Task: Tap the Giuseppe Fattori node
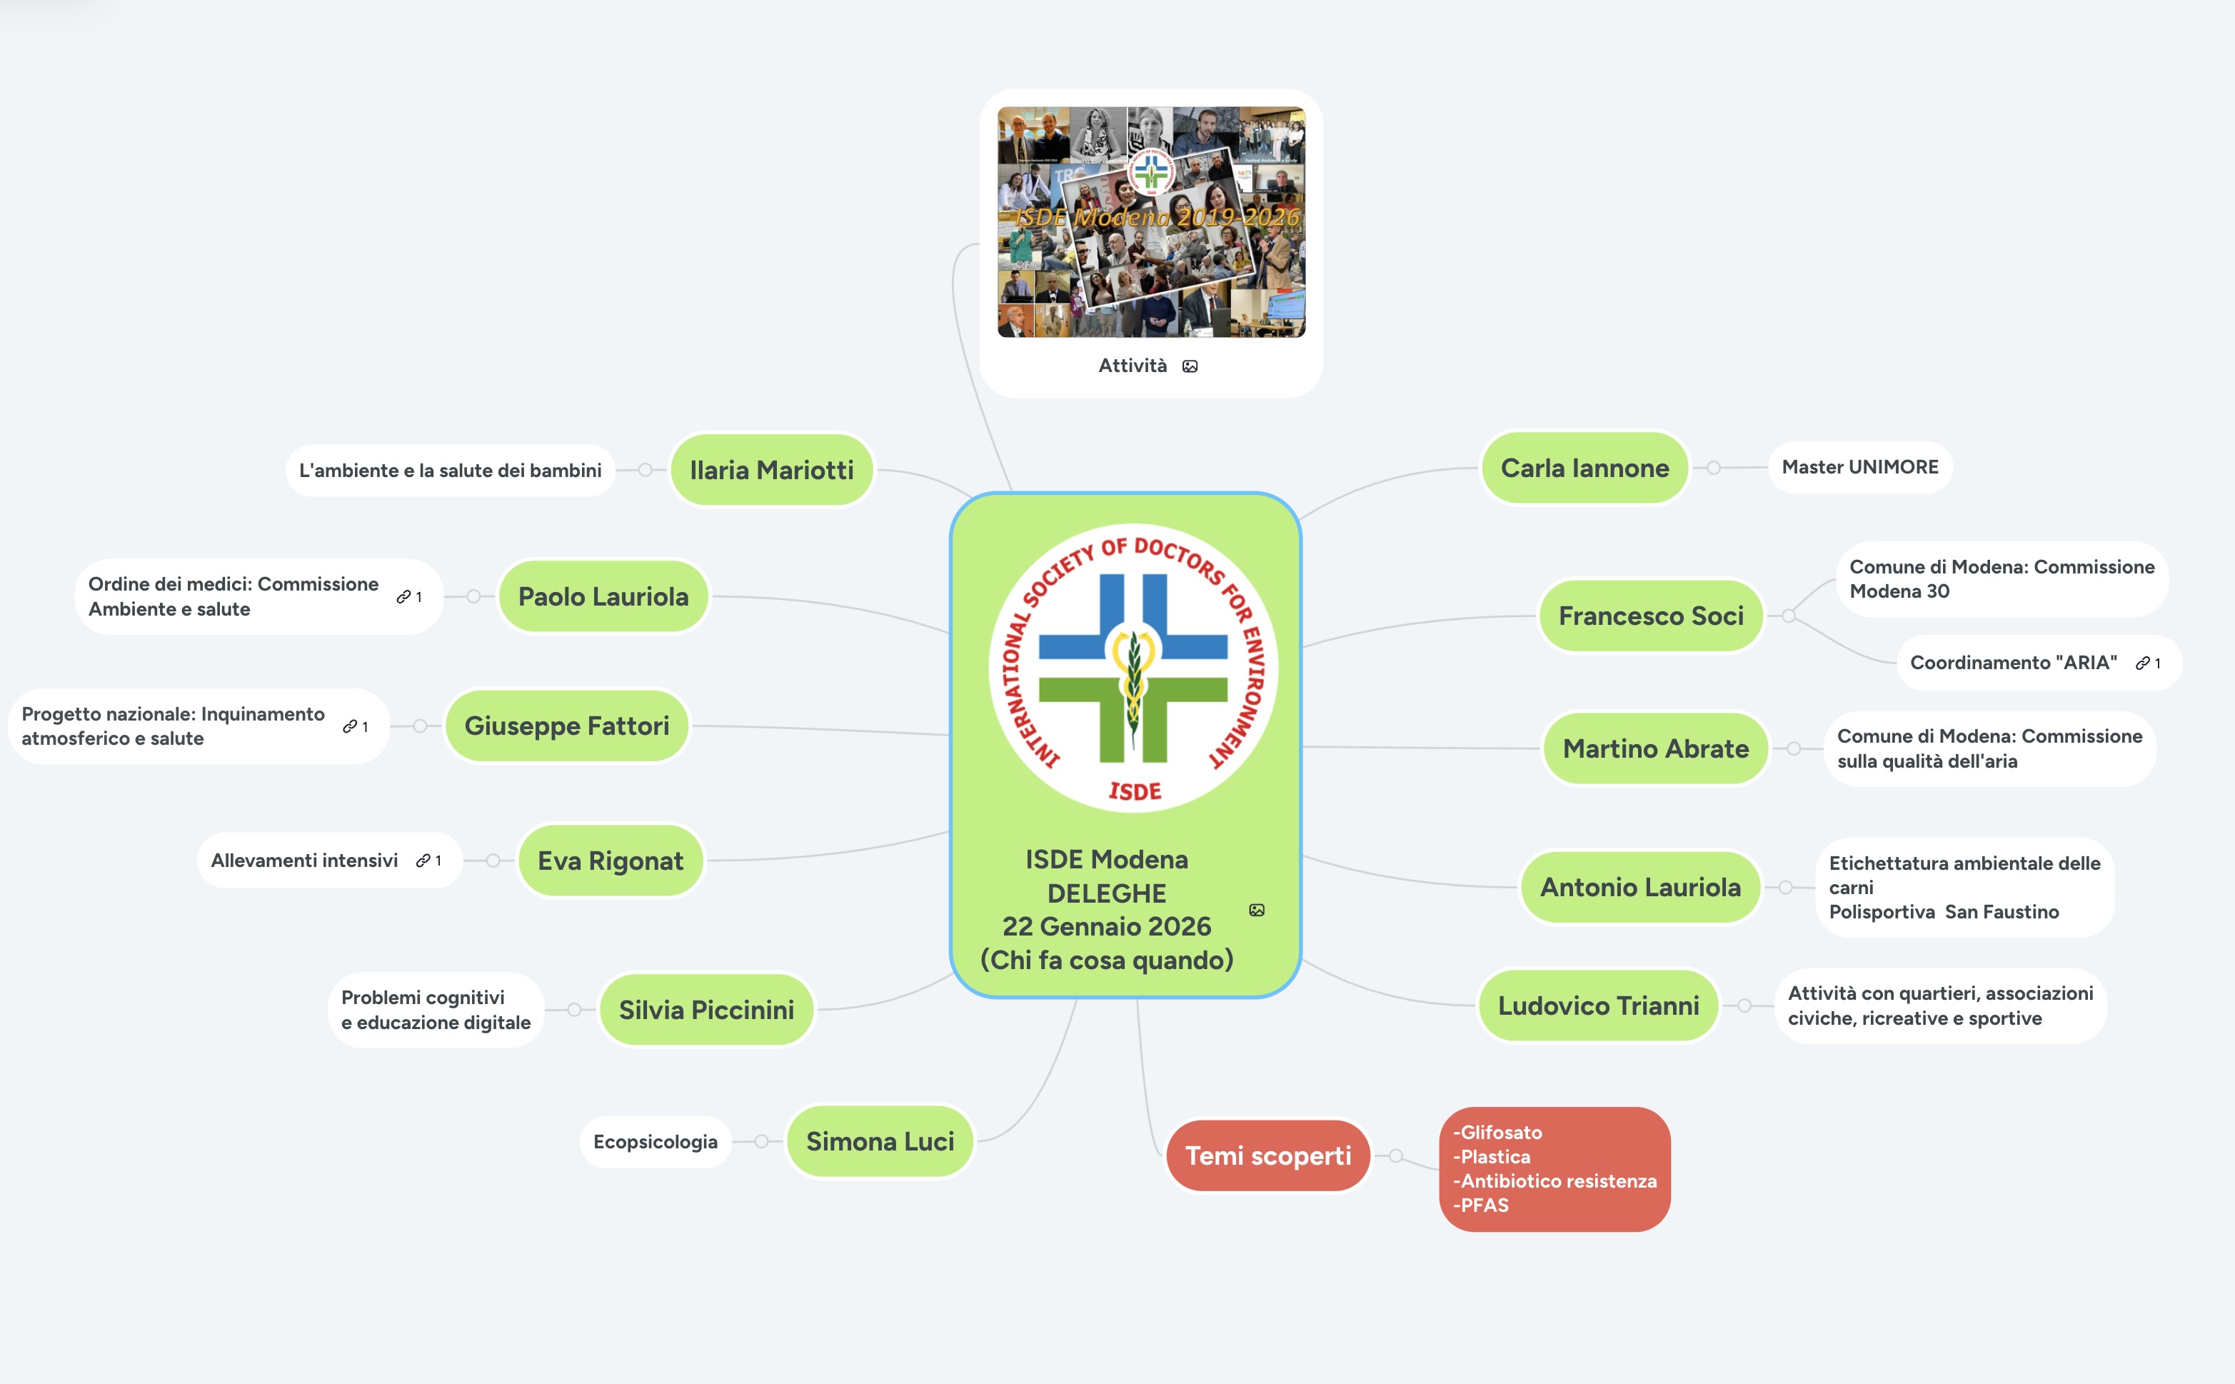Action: point(566,726)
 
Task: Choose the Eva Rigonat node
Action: point(611,861)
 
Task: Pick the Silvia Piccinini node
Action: point(705,1010)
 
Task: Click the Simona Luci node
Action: point(880,1141)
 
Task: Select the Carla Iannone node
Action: point(1584,468)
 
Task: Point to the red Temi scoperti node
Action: point(1267,1156)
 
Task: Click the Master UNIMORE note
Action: point(1859,467)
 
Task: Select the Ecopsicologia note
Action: point(656,1141)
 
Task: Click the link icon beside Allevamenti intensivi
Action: point(423,861)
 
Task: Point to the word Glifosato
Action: point(1501,1133)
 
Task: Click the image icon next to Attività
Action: point(1190,366)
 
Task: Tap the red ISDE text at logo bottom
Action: point(1135,791)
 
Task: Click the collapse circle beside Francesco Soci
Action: point(1789,616)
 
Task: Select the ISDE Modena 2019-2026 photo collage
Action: point(1151,222)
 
